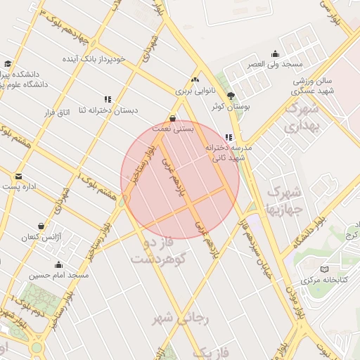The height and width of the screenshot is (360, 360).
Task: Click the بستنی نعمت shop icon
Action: [x=173, y=118]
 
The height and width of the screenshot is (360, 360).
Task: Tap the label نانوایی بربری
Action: [x=193, y=91]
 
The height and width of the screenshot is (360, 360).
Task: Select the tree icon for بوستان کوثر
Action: [x=231, y=96]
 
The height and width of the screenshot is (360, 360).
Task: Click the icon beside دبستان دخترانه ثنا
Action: [x=108, y=100]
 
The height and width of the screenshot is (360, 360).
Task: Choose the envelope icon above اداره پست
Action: [x=18, y=176]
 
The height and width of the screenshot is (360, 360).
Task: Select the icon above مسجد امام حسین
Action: [x=58, y=265]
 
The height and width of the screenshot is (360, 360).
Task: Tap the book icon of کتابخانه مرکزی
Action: [x=323, y=269]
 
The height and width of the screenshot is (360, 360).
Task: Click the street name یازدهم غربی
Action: [x=174, y=177]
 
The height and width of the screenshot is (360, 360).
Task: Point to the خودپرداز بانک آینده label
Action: [x=99, y=59]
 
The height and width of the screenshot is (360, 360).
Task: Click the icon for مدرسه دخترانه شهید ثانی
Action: [x=228, y=138]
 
